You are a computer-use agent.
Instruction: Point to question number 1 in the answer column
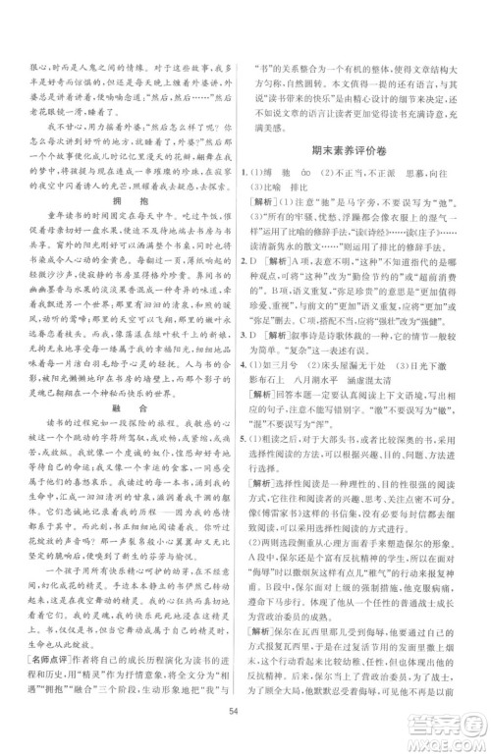point(257,172)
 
